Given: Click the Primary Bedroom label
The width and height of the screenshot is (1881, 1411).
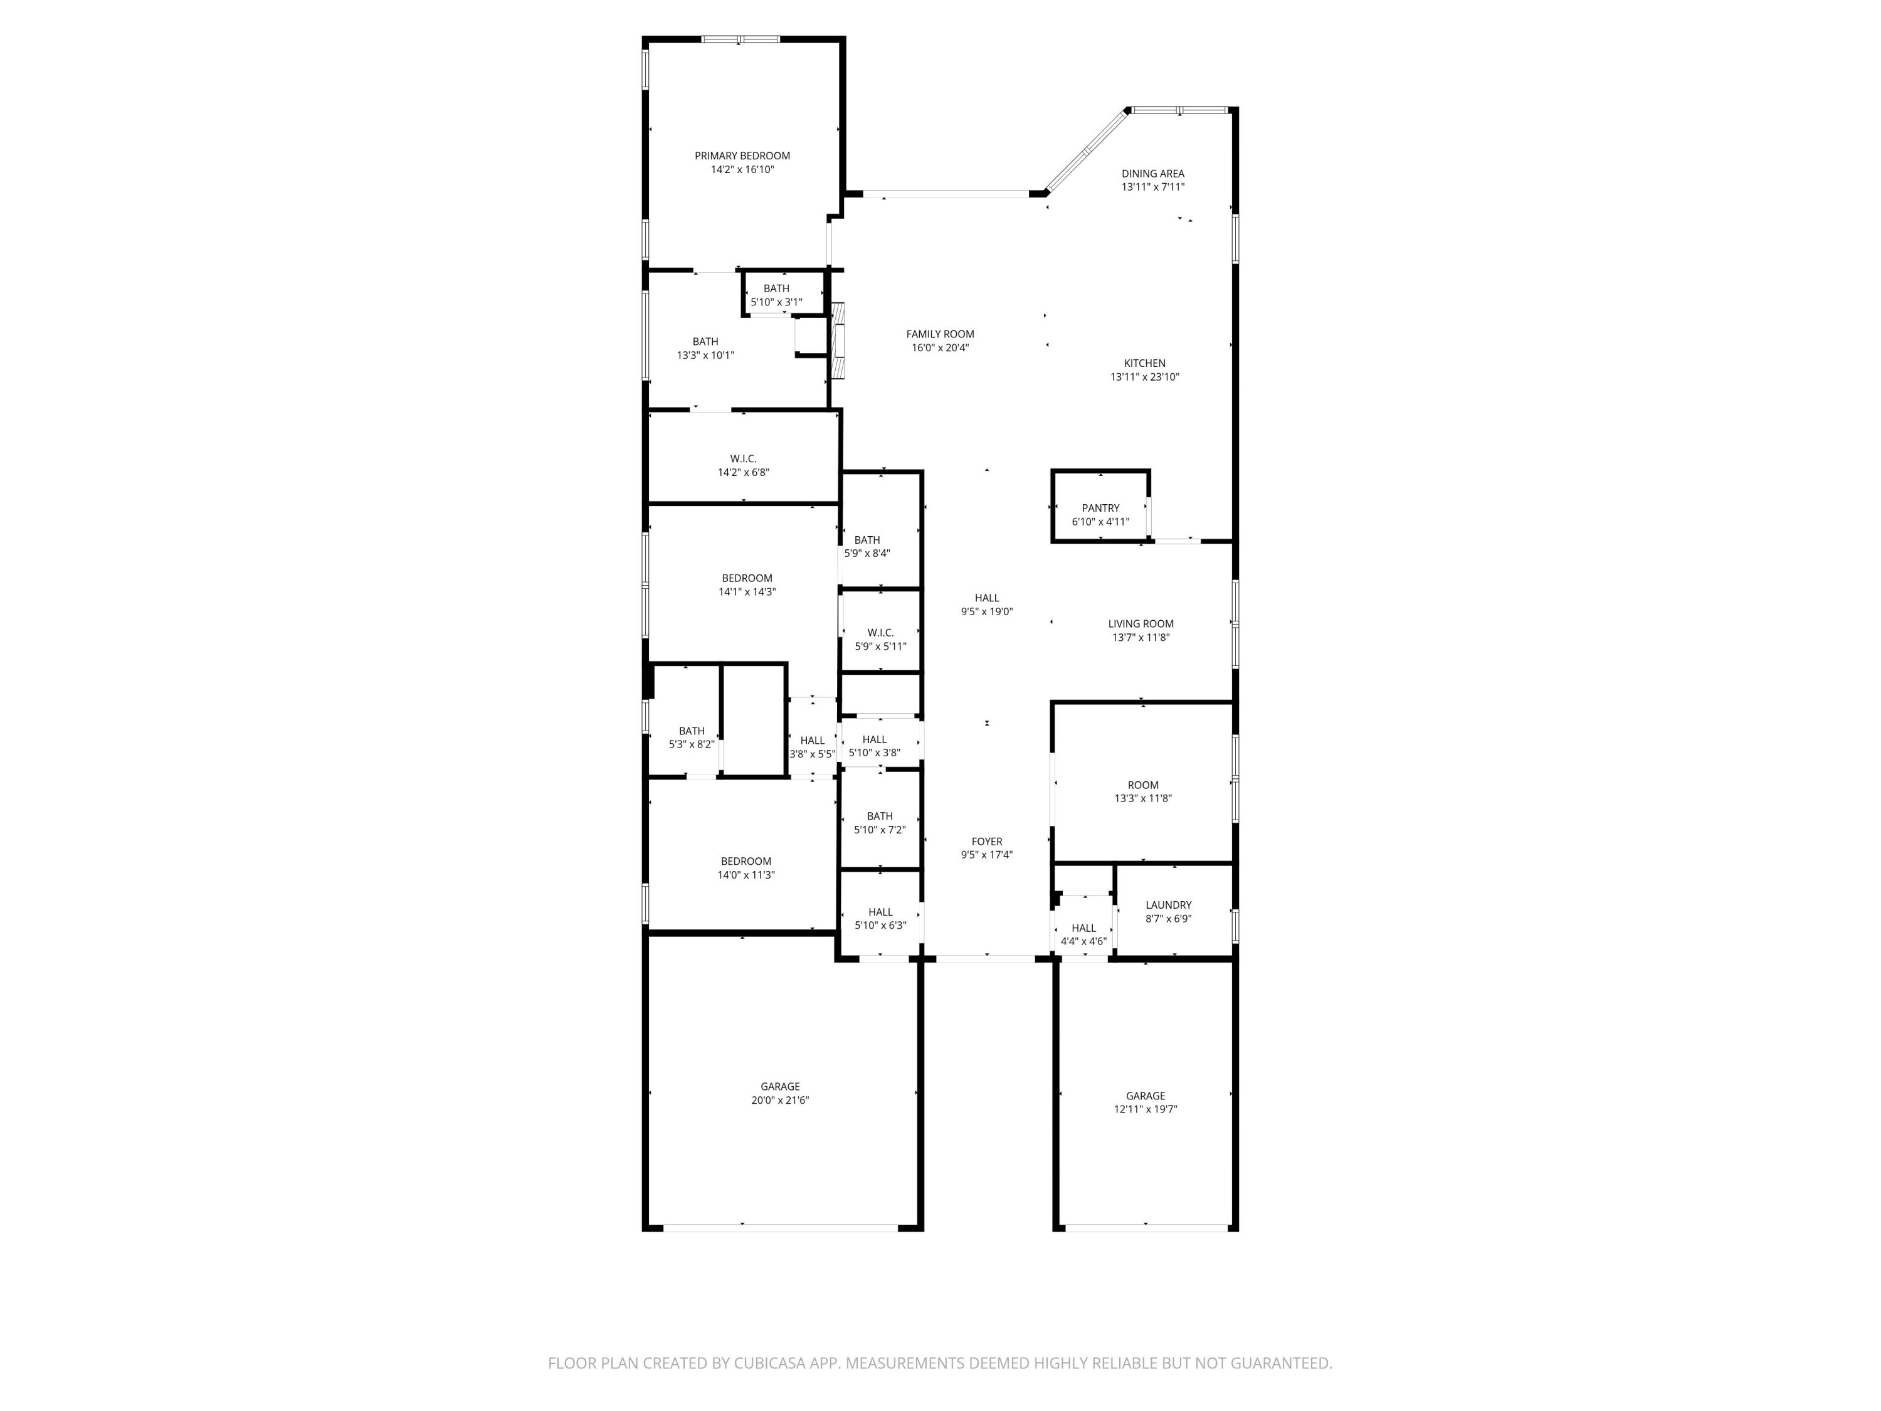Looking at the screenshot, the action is [742, 156].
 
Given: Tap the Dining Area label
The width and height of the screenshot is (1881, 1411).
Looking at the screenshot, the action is [1152, 174].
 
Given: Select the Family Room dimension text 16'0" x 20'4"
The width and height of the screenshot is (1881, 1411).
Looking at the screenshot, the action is [940, 348].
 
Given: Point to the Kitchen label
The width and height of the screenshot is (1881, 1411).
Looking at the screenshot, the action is [1144, 363].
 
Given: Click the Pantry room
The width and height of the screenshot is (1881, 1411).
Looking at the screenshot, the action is [1100, 507].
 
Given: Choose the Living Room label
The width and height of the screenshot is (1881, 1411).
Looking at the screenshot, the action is [1141, 623].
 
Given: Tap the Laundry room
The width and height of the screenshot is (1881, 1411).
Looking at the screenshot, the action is [1174, 910].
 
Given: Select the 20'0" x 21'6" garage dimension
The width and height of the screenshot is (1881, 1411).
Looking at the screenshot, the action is [780, 1100].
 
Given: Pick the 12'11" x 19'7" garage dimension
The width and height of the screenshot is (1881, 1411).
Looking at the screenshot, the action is [1146, 1109].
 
